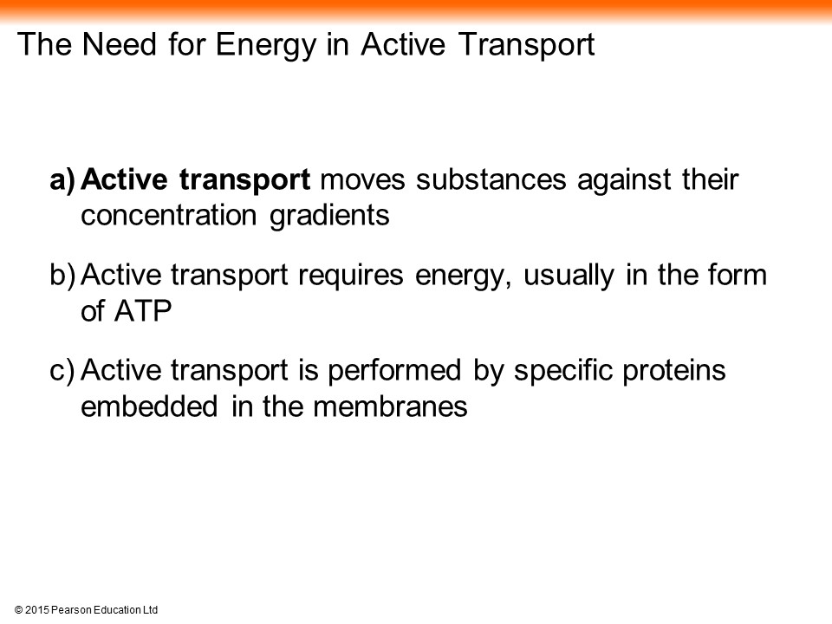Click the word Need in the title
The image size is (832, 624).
tap(120, 43)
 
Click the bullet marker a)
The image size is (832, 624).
tap(63, 180)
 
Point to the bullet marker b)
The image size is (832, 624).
tap(63, 276)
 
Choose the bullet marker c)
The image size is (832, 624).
tap(62, 371)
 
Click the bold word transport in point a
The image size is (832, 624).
tap(244, 181)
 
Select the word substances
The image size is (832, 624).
tap(491, 179)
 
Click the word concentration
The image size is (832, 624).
tap(169, 216)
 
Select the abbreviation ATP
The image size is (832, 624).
tap(143, 311)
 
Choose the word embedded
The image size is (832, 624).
tap(149, 406)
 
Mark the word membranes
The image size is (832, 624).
tap(390, 406)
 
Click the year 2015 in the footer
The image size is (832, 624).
tap(36, 610)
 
